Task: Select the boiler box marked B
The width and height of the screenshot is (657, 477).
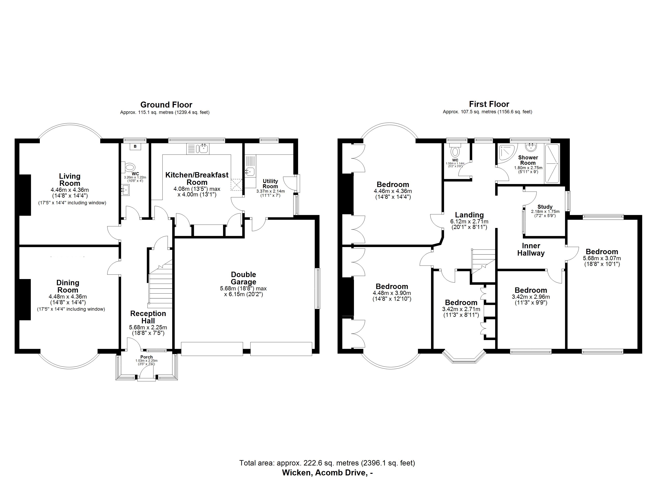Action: point(135,147)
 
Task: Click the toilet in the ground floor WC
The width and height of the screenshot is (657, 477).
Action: point(130,167)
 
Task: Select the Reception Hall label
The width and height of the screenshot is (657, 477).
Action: point(148,317)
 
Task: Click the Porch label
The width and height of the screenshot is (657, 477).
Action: point(146,357)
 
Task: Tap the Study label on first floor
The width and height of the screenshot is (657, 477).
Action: point(545,207)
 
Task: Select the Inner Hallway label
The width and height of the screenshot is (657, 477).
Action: point(531,249)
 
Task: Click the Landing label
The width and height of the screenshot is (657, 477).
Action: point(469,215)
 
